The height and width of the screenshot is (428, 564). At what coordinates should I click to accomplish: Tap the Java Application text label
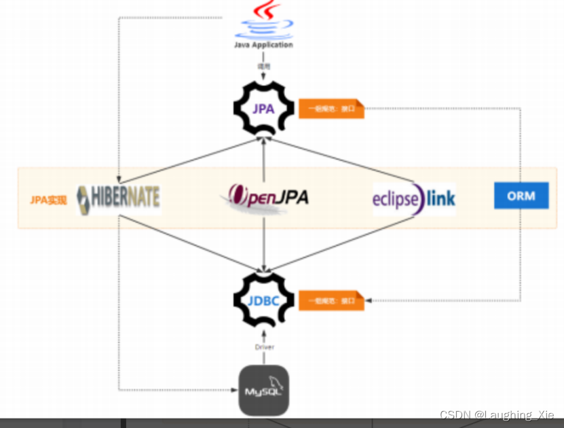click(263, 45)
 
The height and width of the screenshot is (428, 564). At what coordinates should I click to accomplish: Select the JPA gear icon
click(263, 107)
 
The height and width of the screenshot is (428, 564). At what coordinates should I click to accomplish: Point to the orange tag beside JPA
click(331, 109)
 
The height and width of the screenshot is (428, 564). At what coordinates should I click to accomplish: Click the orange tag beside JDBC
click(331, 300)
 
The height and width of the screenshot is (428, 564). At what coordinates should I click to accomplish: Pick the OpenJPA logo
click(265, 197)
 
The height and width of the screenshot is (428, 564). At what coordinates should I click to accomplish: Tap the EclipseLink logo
click(414, 198)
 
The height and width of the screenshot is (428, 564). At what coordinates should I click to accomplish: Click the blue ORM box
click(521, 196)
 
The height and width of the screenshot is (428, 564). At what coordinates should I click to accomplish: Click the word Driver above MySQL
click(264, 347)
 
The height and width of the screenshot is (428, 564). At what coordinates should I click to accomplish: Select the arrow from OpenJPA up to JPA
click(263, 160)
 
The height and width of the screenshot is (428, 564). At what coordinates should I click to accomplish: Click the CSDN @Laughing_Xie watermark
click(497, 414)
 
